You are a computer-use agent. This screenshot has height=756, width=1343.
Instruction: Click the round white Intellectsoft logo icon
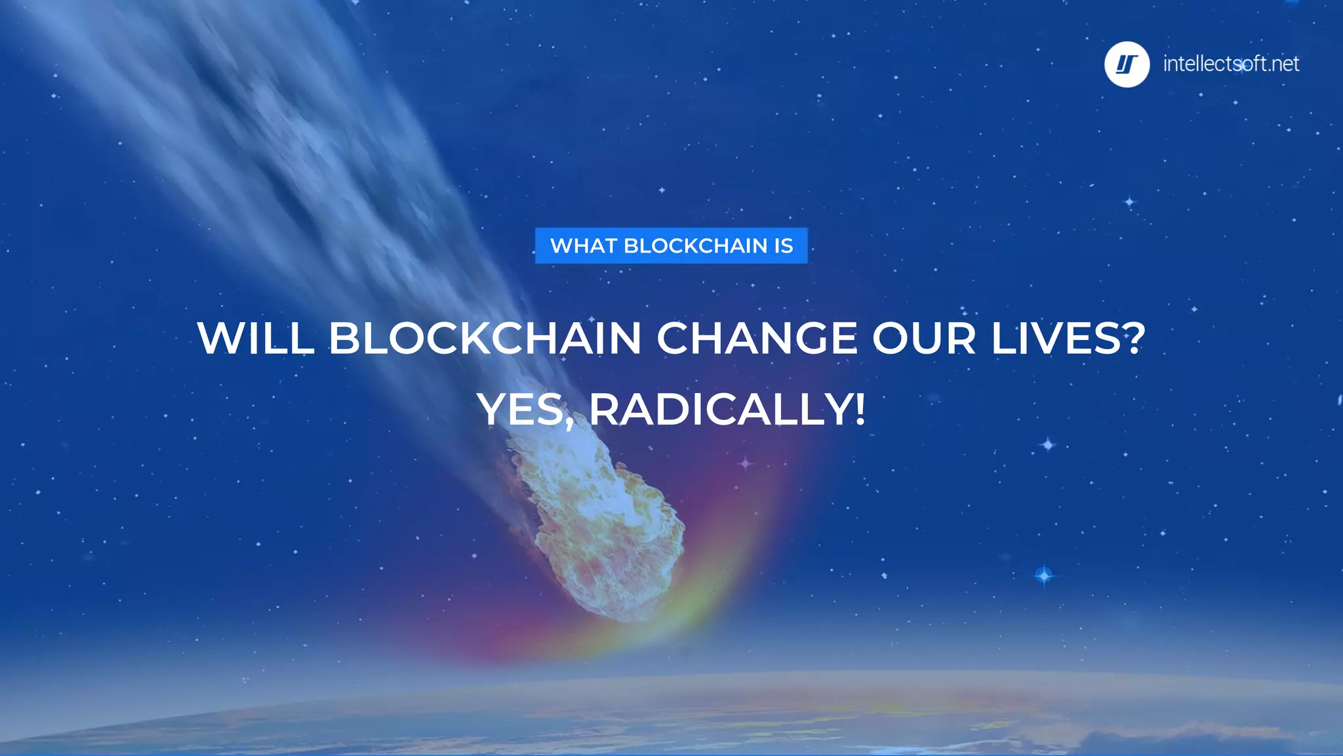[1127, 64]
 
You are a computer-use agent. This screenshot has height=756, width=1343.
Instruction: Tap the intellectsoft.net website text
[1230, 64]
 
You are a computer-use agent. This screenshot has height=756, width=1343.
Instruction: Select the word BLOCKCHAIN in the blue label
[695, 245]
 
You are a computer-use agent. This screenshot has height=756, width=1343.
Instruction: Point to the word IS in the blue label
[784, 245]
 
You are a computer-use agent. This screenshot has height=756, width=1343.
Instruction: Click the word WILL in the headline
[255, 339]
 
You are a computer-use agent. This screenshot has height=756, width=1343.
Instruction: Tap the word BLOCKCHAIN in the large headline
[485, 339]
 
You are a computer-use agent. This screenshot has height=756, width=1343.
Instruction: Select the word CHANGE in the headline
[757, 339]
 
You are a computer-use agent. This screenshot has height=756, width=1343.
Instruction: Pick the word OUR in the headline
[923, 339]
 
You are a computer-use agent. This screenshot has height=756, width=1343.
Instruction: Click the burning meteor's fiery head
[607, 532]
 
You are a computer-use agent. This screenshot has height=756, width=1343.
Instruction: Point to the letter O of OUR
[893, 339]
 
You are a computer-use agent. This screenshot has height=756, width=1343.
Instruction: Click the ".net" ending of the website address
[1283, 64]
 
